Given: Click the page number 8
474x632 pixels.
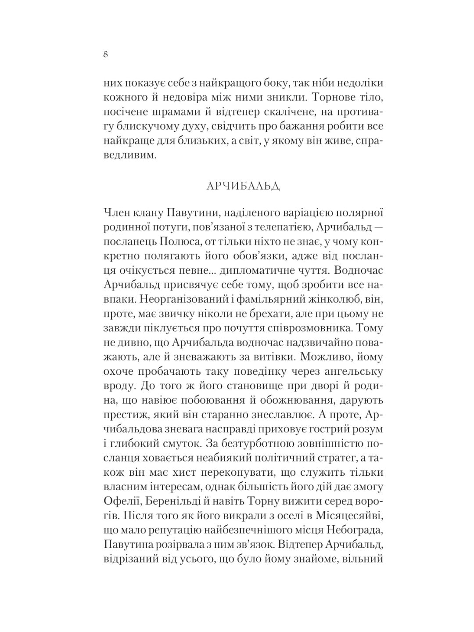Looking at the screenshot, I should pos(106,54).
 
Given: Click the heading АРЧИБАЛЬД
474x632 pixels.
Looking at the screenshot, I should pos(243,187).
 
